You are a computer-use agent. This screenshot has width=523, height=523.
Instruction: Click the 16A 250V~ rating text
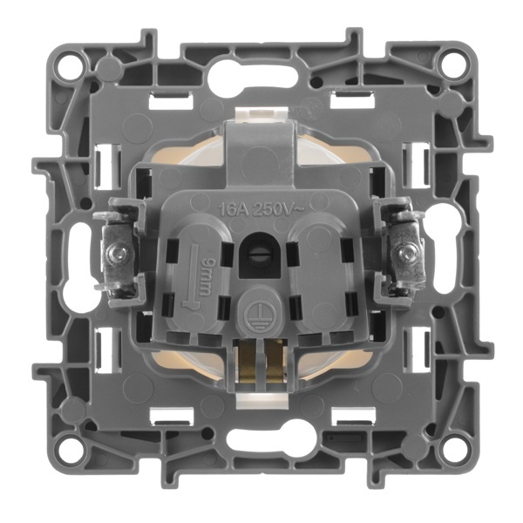click(261, 209)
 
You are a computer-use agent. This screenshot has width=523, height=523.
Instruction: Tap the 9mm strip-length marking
click(203, 276)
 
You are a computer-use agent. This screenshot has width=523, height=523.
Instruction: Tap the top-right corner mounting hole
click(452, 65)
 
